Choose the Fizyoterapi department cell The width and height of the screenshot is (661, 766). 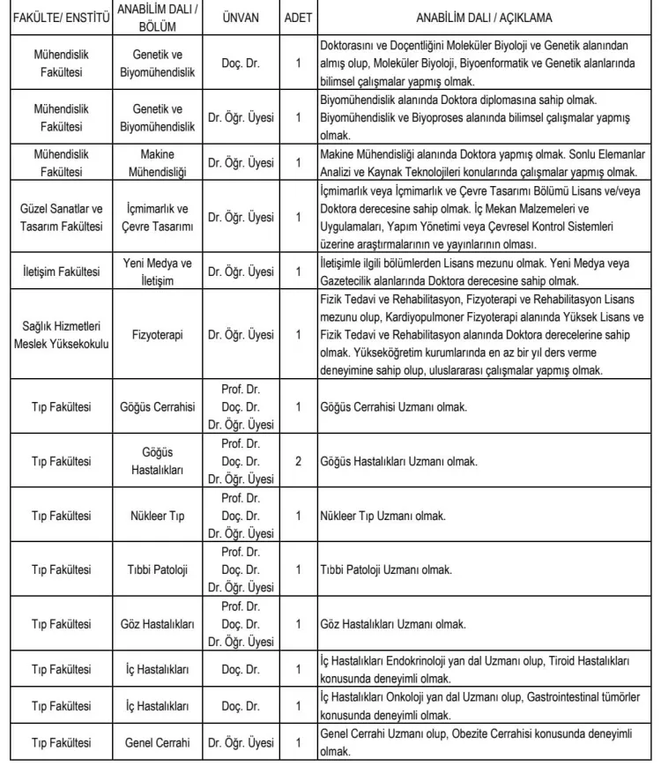click(x=158, y=335)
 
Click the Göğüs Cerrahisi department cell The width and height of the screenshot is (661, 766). click(x=158, y=407)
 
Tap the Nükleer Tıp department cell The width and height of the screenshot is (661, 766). click(x=158, y=516)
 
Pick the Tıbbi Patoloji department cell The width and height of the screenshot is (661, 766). click(x=158, y=569)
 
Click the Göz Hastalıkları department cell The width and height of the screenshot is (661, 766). click(x=158, y=624)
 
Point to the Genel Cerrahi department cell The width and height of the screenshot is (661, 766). click(x=158, y=742)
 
